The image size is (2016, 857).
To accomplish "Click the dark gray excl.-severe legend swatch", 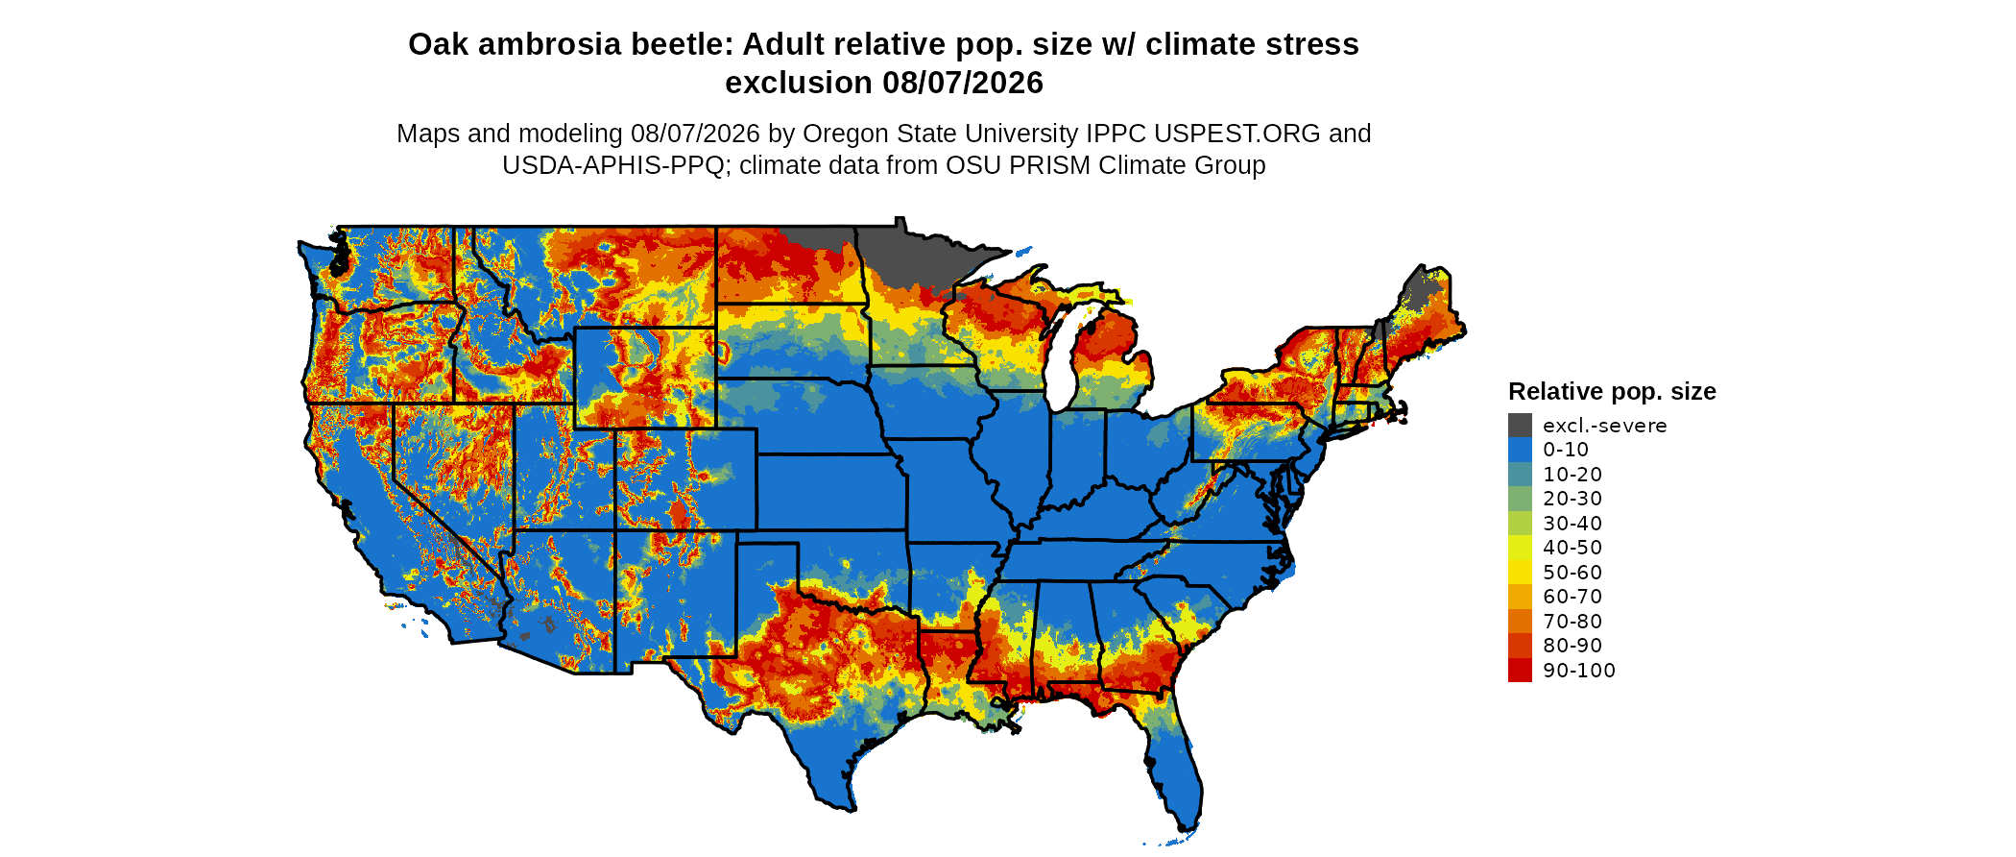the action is (x=1520, y=425).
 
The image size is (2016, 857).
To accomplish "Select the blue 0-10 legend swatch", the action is (x=1520, y=450).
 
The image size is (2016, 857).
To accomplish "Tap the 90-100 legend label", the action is (x=1579, y=671).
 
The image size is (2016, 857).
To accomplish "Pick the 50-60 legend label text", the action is (x=1572, y=573).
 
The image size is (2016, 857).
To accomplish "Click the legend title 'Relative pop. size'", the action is (x=1612, y=391).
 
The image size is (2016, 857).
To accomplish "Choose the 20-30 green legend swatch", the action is (x=1520, y=499).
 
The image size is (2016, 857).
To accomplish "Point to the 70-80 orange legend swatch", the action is (x=1520, y=621).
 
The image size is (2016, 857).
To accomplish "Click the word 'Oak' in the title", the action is (x=438, y=44).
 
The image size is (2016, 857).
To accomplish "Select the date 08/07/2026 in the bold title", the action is (x=963, y=83).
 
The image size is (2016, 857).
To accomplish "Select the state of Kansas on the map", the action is (x=831, y=491).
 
